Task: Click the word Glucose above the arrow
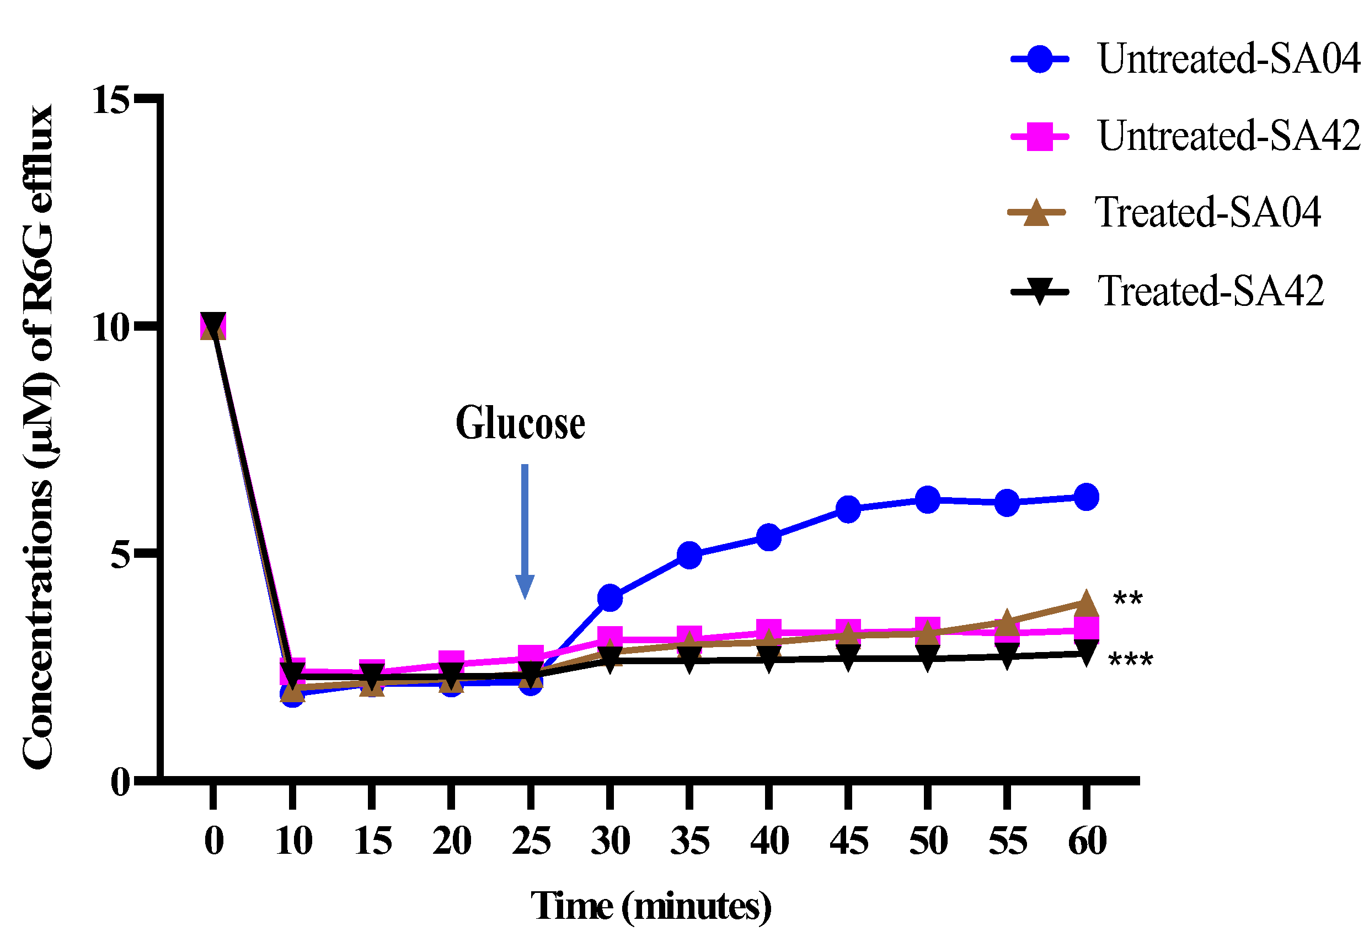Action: click(x=520, y=424)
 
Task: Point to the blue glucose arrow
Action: click(x=525, y=530)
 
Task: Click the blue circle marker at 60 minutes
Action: click(x=1086, y=497)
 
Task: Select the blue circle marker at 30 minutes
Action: click(x=609, y=598)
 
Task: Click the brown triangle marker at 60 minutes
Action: click(x=1086, y=604)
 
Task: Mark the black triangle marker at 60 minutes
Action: click(x=1086, y=653)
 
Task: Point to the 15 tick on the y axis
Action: click(x=111, y=100)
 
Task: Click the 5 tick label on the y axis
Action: click(x=120, y=554)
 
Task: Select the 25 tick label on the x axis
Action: click(x=531, y=841)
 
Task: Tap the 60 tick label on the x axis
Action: click(x=1087, y=841)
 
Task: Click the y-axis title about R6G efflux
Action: click(x=38, y=435)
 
